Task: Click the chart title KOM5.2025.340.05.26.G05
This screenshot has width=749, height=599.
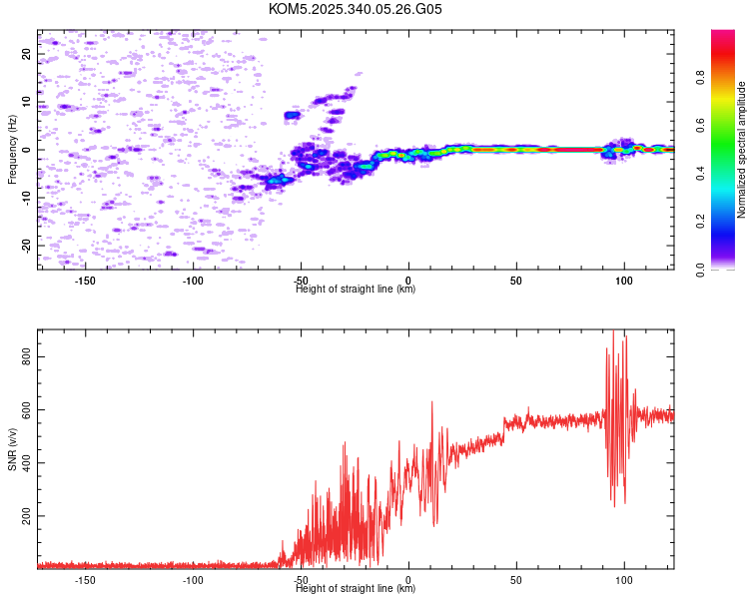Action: coord(356,9)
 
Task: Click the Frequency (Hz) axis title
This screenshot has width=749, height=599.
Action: coord(12,150)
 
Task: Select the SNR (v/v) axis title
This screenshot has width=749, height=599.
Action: coord(12,449)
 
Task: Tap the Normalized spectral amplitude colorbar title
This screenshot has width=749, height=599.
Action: coord(741,150)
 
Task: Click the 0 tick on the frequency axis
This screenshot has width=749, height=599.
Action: coord(27,150)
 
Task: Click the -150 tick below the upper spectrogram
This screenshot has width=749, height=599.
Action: coord(85,281)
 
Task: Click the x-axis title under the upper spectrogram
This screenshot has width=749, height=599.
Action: coord(356,290)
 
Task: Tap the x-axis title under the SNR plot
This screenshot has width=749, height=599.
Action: coord(356,589)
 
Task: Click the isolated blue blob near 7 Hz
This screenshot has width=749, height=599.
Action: coord(292,116)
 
